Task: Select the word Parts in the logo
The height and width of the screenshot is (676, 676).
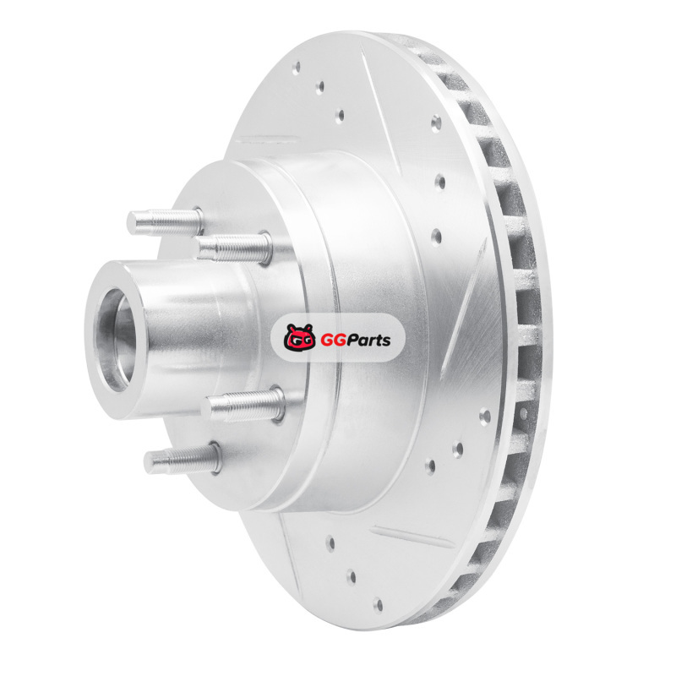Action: point(370,340)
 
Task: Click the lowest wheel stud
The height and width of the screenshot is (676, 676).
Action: point(183,459)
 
